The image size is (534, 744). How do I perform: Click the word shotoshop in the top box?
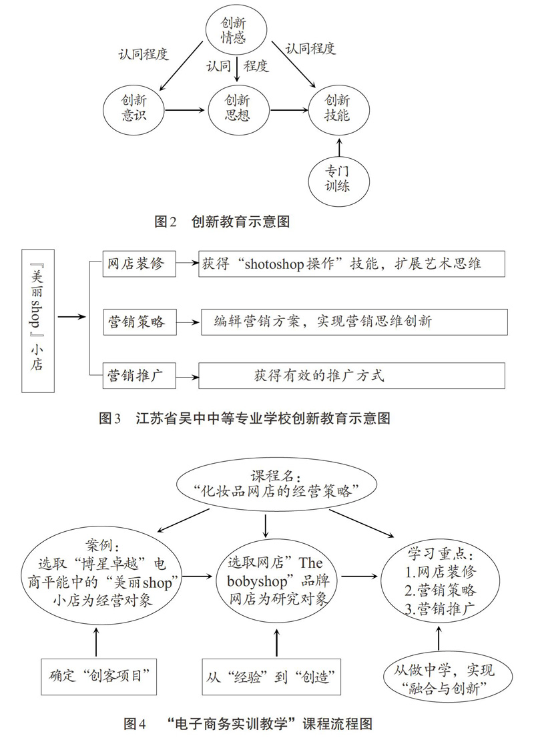point(274,264)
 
